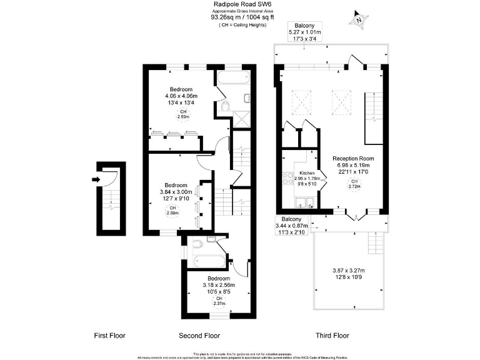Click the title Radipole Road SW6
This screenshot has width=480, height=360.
(x=241, y=4)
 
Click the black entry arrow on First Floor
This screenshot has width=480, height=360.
(x=94, y=179)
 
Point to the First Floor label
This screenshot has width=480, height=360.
(x=109, y=336)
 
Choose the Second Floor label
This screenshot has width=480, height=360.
(x=199, y=336)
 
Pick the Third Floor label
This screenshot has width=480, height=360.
(x=332, y=336)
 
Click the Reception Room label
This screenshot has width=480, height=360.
(x=353, y=158)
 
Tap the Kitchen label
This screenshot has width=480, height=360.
(x=307, y=172)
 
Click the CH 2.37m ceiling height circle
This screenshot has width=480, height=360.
(x=219, y=301)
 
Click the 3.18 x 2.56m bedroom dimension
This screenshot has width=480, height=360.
(x=219, y=285)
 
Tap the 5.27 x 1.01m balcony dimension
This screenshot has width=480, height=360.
(x=304, y=32)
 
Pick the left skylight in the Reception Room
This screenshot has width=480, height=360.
(x=302, y=102)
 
